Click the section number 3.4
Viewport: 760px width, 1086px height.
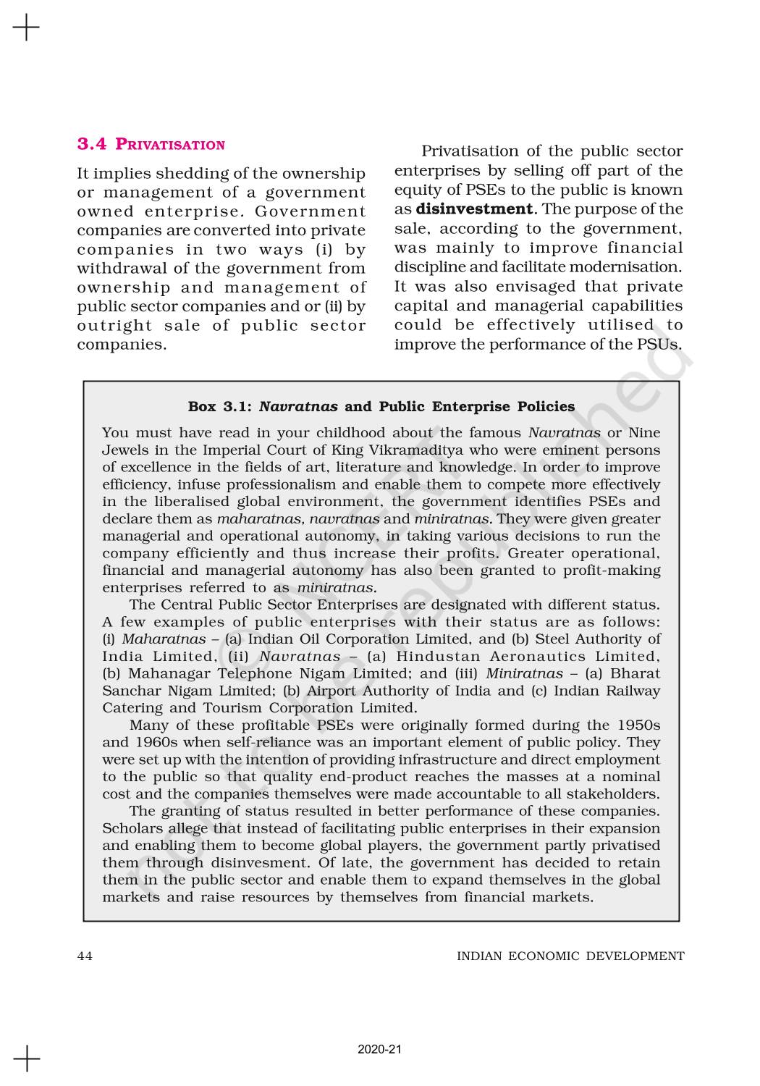click(x=91, y=144)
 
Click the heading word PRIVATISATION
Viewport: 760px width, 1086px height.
click(x=170, y=145)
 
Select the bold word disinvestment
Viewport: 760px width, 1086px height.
click(x=474, y=209)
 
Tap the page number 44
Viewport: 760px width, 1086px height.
click(x=85, y=956)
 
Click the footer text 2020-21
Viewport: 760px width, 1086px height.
click(x=379, y=1049)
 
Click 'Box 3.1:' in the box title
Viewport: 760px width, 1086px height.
click(x=219, y=406)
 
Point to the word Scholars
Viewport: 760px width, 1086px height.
click(x=132, y=828)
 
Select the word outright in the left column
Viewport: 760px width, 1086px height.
click(x=112, y=325)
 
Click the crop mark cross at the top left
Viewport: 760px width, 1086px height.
click(x=26, y=28)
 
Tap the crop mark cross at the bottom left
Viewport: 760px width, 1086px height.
click(x=26, y=1058)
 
